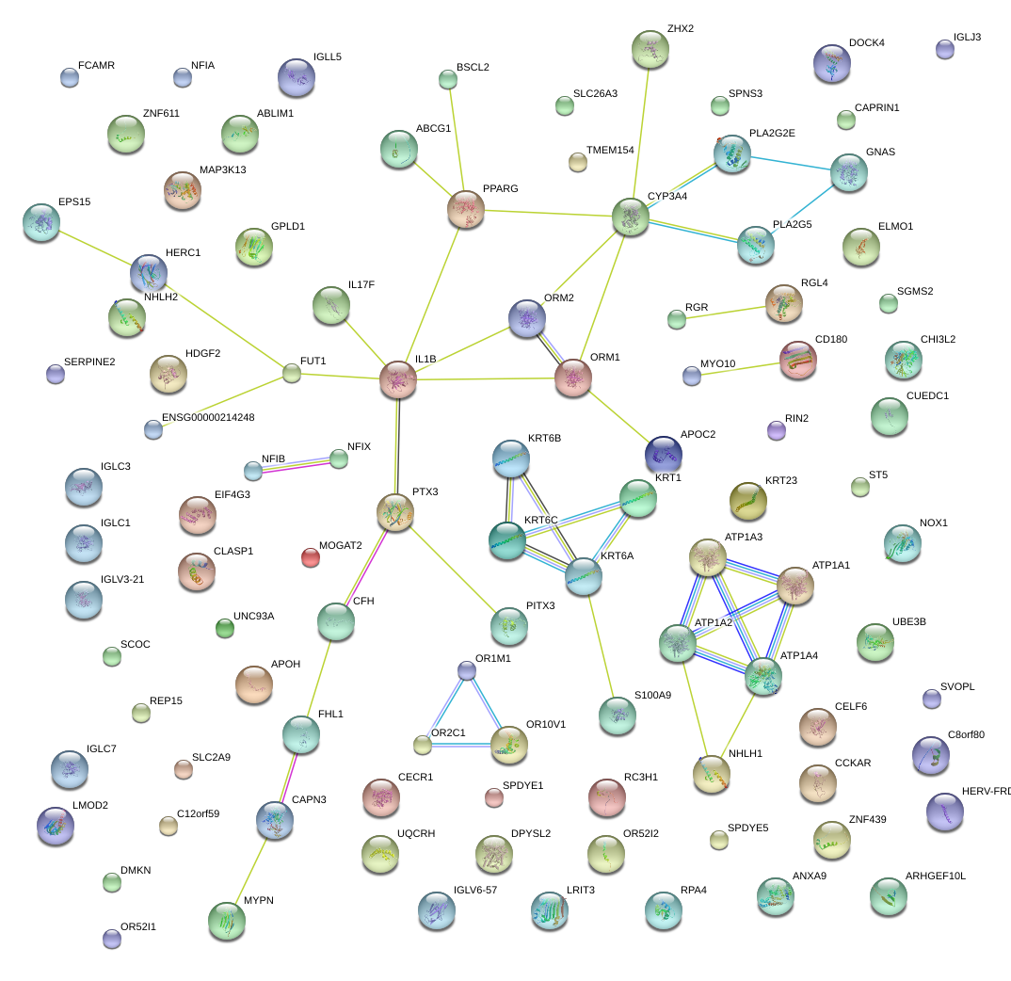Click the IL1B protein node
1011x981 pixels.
click(397, 378)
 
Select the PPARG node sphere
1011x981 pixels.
click(466, 209)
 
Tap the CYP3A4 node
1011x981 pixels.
click(630, 217)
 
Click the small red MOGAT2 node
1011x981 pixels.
click(310, 557)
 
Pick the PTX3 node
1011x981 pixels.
click(395, 511)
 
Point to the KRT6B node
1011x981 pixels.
click(511, 458)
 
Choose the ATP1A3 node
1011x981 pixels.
click(706, 557)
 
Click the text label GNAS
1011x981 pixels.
click(880, 153)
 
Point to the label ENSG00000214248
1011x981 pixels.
click(208, 417)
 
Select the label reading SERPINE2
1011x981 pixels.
click(89, 362)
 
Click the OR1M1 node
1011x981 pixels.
click(467, 669)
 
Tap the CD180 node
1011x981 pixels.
click(798, 359)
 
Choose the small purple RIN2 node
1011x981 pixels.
click(776, 430)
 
